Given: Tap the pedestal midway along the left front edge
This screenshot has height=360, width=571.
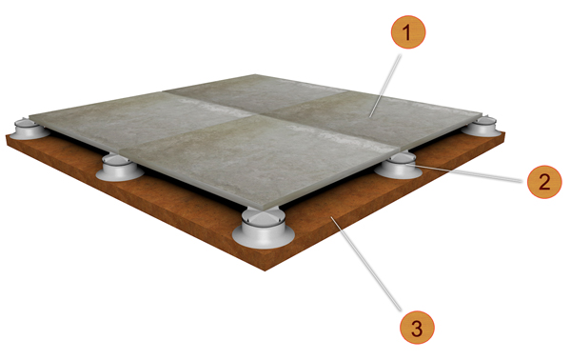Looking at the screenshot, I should (116, 170).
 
